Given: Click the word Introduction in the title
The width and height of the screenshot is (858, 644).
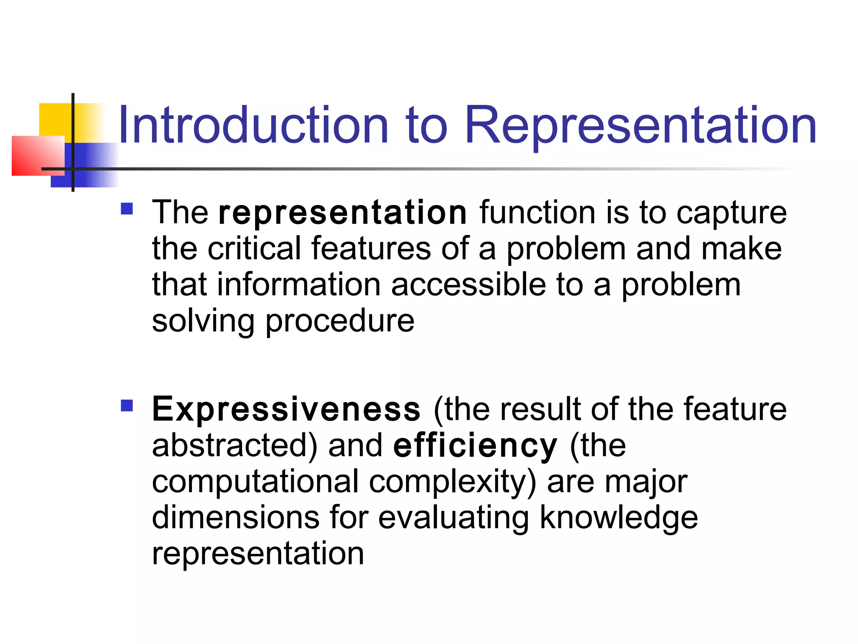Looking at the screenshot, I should (253, 125).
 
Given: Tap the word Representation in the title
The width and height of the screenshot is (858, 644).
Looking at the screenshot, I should (641, 125).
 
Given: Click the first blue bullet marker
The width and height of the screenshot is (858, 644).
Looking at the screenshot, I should (127, 209).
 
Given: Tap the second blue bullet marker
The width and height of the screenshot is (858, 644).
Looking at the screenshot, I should (127, 405).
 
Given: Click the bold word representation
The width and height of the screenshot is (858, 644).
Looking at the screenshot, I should (342, 213).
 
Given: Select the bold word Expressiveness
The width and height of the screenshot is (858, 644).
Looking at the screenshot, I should (286, 409).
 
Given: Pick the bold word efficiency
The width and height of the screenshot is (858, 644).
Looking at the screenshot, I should (475, 445).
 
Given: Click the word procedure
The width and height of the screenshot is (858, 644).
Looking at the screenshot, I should (340, 321).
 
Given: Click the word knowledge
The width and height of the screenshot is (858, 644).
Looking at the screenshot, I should (618, 517).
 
